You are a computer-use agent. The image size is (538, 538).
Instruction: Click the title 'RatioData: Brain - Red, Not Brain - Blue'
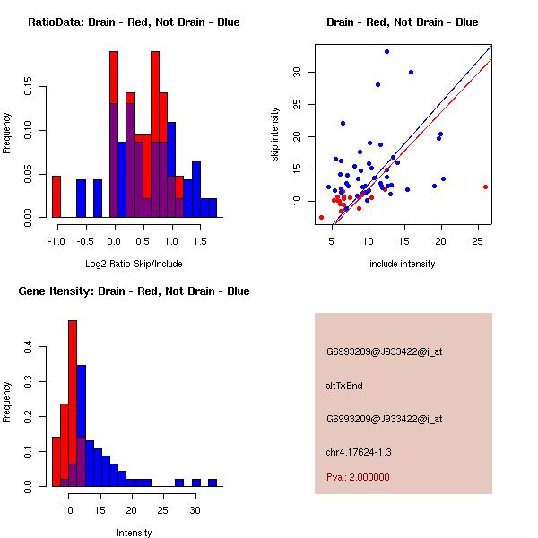(x=134, y=22)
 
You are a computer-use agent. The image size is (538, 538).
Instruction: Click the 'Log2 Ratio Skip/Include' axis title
(x=133, y=263)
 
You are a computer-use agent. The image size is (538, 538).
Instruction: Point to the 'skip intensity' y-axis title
(x=277, y=134)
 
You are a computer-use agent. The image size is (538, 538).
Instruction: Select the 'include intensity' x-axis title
(x=403, y=264)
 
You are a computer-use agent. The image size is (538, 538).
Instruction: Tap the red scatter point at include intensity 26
(x=485, y=187)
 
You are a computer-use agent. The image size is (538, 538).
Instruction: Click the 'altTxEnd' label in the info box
(x=343, y=386)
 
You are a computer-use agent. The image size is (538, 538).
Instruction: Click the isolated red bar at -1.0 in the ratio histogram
(x=56, y=196)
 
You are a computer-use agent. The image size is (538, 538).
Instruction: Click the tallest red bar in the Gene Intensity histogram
(x=73, y=403)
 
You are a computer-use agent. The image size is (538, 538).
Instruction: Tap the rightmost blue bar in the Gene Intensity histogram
(x=213, y=482)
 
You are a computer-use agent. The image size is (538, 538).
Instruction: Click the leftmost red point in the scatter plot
(x=321, y=217)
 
